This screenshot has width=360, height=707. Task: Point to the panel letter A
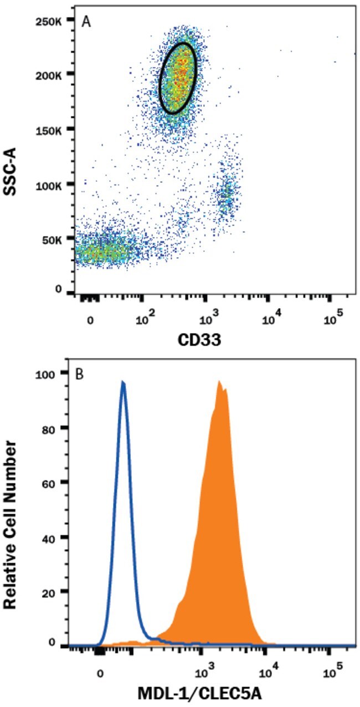pos(86,22)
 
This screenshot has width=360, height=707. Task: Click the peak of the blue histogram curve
pos(123,382)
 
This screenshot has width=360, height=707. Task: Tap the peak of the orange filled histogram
pos(220,381)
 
